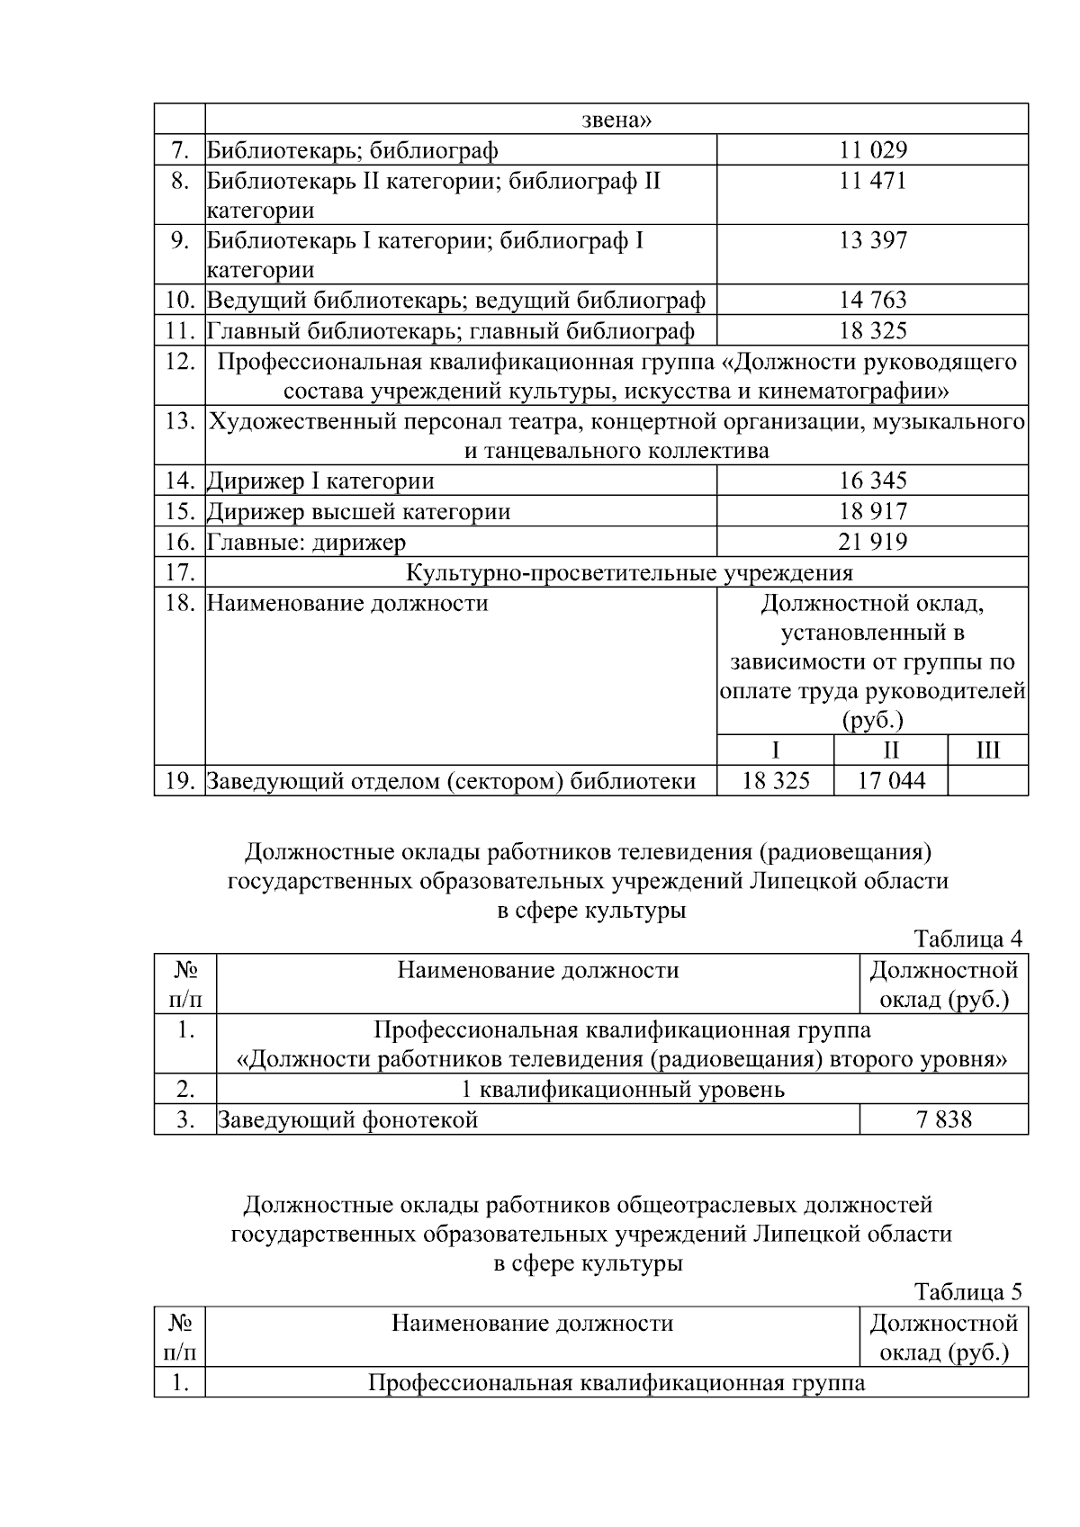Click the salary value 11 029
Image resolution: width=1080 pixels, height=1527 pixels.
pos(872,150)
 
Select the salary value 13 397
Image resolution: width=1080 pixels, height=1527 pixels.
pos(872,240)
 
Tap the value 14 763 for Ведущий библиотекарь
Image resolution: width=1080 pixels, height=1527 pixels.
pos(872,300)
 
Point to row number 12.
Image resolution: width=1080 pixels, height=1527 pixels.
pos(180,362)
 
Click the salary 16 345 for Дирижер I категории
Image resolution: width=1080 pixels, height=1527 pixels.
pos(872,481)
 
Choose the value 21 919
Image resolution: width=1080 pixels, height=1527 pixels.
pos(872,542)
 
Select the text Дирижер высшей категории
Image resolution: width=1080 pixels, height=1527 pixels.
pos(359,512)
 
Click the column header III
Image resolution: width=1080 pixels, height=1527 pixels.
pos(987,750)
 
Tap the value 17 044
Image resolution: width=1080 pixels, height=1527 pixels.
pos(890,781)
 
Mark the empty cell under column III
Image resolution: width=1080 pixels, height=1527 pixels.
pos(987,781)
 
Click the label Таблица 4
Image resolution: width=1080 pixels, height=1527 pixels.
pos(967,939)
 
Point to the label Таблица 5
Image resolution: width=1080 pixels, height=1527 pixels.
pos(967,1292)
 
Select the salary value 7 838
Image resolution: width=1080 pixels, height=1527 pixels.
pos(944,1120)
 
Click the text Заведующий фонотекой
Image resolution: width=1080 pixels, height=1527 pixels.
pos(347,1120)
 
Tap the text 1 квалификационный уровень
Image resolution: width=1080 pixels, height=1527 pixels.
pos(622,1090)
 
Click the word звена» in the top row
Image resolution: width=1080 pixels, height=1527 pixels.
pos(616,120)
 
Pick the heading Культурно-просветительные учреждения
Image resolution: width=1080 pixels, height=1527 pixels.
pos(629,572)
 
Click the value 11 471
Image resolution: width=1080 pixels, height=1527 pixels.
pos(872,181)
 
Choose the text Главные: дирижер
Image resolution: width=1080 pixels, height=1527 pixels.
pos(307,543)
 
